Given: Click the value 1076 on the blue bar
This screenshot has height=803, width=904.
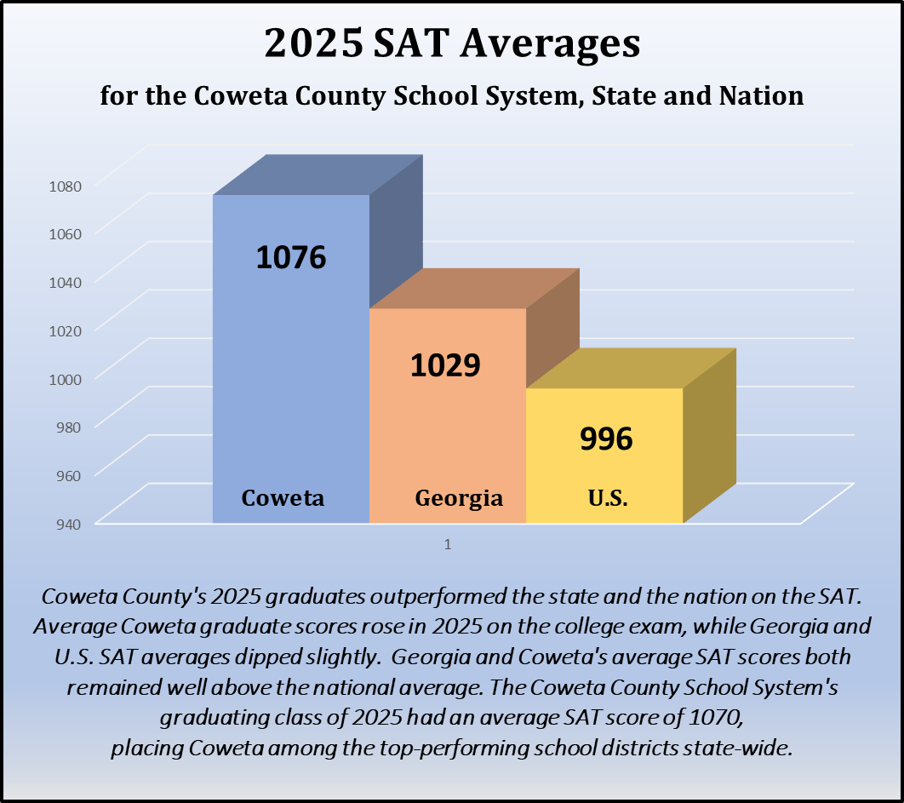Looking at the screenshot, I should point(291,257).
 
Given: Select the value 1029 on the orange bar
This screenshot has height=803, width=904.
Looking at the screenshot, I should point(445,364).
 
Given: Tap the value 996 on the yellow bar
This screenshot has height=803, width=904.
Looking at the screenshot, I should point(606,439).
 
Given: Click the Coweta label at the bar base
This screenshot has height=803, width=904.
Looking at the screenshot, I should point(283,498).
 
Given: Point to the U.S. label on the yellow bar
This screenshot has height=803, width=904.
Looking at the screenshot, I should point(608,498).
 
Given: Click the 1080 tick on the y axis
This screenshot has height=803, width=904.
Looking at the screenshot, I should point(65,185).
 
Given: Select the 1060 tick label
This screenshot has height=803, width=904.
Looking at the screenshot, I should point(65,233).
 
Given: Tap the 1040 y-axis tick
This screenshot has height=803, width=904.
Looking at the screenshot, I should point(65,281).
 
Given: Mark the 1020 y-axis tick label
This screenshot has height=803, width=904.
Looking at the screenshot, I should point(65,330).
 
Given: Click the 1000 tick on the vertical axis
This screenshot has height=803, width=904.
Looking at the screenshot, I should point(65,377).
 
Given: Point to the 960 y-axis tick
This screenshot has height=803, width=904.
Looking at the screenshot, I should point(68,473).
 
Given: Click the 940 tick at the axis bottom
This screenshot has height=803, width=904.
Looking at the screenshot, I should point(68,522).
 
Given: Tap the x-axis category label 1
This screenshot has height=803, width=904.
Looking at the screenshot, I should point(447,544).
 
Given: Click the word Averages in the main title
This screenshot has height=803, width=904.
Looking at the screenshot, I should point(550,43).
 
